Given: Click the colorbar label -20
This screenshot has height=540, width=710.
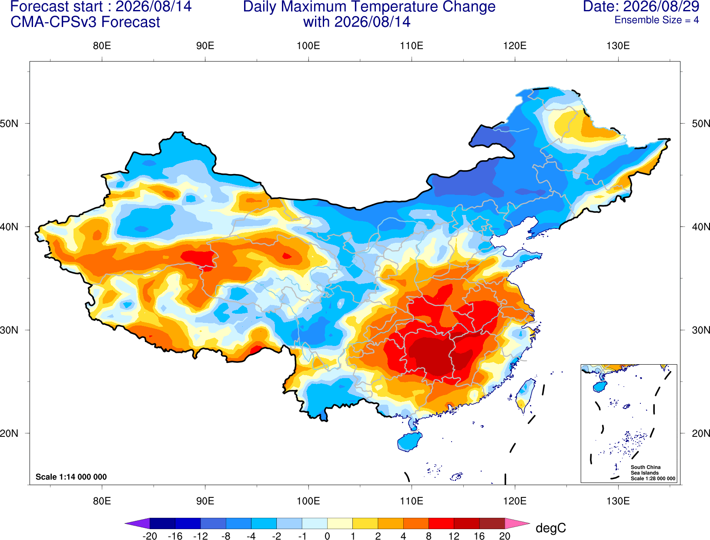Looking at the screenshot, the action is click(150, 536).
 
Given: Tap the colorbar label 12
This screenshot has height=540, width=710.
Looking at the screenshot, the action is click(454, 536).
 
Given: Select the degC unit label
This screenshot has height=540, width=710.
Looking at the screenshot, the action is click(550, 528).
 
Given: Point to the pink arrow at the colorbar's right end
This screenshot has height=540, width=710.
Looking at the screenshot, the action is click(517, 523).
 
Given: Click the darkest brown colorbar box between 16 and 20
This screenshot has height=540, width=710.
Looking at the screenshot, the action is click(492, 523).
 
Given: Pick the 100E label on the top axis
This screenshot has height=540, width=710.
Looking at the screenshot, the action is click(308, 46).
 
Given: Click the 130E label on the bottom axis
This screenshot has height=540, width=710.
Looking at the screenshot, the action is click(618, 501).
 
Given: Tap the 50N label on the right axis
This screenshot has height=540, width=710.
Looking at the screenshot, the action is click(701, 124).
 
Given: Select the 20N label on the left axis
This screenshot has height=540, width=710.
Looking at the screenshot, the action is click(9, 433).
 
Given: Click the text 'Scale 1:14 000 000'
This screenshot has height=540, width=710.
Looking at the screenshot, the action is click(71, 476).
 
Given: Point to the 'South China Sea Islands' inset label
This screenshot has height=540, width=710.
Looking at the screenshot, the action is click(646, 470).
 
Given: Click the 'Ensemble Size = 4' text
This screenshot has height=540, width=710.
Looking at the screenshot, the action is click(656, 20).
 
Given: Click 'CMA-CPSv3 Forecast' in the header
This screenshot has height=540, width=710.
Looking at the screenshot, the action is click(85, 22).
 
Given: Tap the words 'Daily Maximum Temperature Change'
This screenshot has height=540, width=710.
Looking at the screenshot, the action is click(369, 7).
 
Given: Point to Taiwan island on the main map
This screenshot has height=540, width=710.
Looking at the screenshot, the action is click(525, 396).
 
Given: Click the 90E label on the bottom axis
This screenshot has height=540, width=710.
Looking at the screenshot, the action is click(205, 501).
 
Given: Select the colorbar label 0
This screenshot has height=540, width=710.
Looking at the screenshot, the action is click(327, 536).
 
